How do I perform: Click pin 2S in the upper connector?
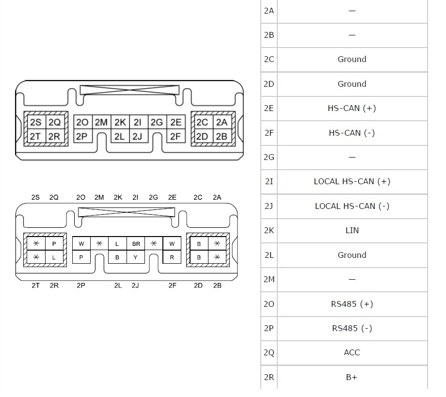(35, 123)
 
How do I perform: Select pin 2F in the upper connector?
(175, 136)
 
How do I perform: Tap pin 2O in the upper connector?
(82, 123)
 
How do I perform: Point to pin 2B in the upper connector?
(222, 136)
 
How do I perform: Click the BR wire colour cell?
(136, 244)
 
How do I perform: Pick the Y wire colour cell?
(136, 257)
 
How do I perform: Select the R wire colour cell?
(172, 257)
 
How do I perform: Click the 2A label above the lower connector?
(217, 197)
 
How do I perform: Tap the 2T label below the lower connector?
(35, 286)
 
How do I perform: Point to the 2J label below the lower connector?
(135, 286)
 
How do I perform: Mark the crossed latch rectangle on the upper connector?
(129, 90)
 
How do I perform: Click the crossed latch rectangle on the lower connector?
(126, 212)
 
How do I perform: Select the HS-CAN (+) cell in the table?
(352, 108)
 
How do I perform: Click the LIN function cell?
(352, 230)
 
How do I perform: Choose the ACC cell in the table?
(352, 352)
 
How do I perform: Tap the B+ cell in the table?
(352, 377)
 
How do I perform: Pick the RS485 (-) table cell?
(352, 328)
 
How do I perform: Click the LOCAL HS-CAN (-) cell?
(352, 206)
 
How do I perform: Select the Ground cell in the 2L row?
(352, 255)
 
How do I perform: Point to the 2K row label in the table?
(269, 230)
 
